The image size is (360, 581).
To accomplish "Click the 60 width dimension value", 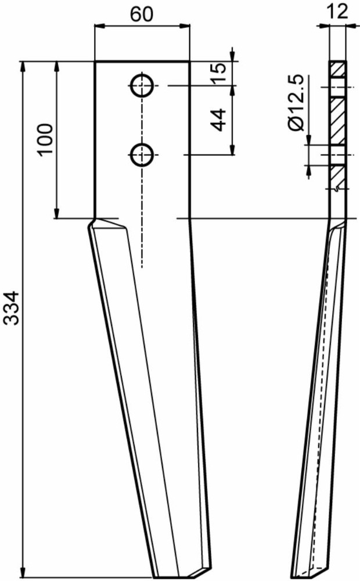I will point(142,15).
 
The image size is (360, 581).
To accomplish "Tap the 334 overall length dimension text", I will point(12,317).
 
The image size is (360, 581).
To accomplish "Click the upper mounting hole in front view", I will point(142,86).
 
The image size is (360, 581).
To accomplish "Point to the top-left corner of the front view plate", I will point(95,62).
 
